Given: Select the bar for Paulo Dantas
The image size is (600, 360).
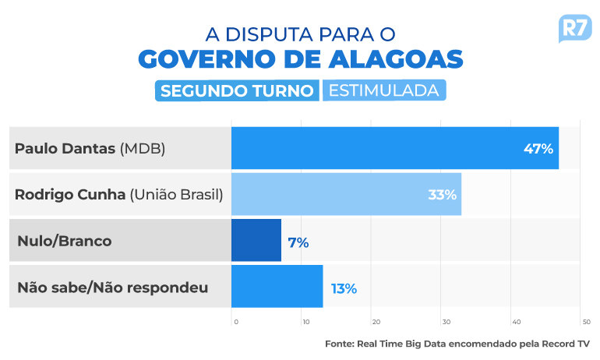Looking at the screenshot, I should coord(394,148).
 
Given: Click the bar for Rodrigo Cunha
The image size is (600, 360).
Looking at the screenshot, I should coord(346,194).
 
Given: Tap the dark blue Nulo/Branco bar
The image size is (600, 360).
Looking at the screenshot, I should coord(256,241).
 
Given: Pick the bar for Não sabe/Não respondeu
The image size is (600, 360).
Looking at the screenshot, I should coord(277,287).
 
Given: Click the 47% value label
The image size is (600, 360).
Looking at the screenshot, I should coord(538,148).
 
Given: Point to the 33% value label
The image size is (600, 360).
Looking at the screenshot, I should coord(442,194).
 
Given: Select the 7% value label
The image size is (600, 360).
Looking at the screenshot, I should coord(298,242).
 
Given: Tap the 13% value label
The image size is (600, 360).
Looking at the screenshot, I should coord(344,288).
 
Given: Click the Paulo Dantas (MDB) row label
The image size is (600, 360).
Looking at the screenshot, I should coord(90,148).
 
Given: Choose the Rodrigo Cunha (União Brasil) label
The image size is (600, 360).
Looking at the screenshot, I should coord(119,194).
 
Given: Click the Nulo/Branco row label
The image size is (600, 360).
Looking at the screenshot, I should coord(64,241).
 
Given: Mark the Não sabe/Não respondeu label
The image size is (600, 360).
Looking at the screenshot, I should coord(112,288).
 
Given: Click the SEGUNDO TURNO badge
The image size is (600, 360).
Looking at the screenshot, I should coord(237,90).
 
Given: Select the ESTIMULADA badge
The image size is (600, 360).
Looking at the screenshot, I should coord(383,90).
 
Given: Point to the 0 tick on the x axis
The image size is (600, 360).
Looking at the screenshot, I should coord(234,322).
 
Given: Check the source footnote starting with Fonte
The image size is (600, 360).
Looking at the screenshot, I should coord(457,344).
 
